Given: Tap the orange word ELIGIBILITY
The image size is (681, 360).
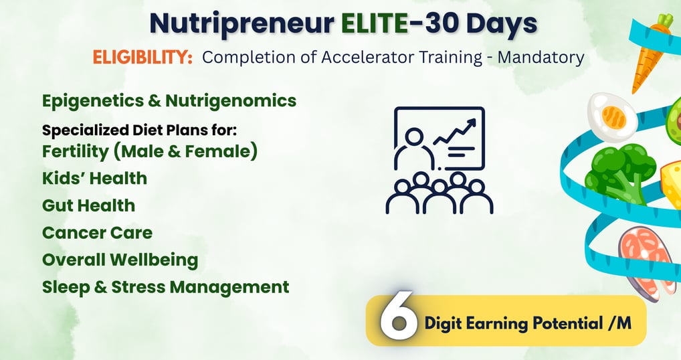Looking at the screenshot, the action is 142,57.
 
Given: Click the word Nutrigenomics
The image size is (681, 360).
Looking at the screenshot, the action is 231,101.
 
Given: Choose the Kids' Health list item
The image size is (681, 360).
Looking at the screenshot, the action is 95,178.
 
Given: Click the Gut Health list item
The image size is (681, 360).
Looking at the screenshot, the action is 88,205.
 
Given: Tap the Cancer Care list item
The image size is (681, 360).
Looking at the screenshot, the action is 97,232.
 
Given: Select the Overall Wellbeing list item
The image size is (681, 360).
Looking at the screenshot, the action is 120,260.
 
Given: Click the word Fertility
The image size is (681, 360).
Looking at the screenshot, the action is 75,151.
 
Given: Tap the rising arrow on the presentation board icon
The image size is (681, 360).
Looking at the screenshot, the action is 455,130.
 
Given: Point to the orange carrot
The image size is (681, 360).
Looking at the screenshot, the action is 650,54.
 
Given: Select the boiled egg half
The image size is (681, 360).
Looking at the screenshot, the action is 612,117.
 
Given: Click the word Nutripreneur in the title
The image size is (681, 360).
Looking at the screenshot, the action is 242,24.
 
